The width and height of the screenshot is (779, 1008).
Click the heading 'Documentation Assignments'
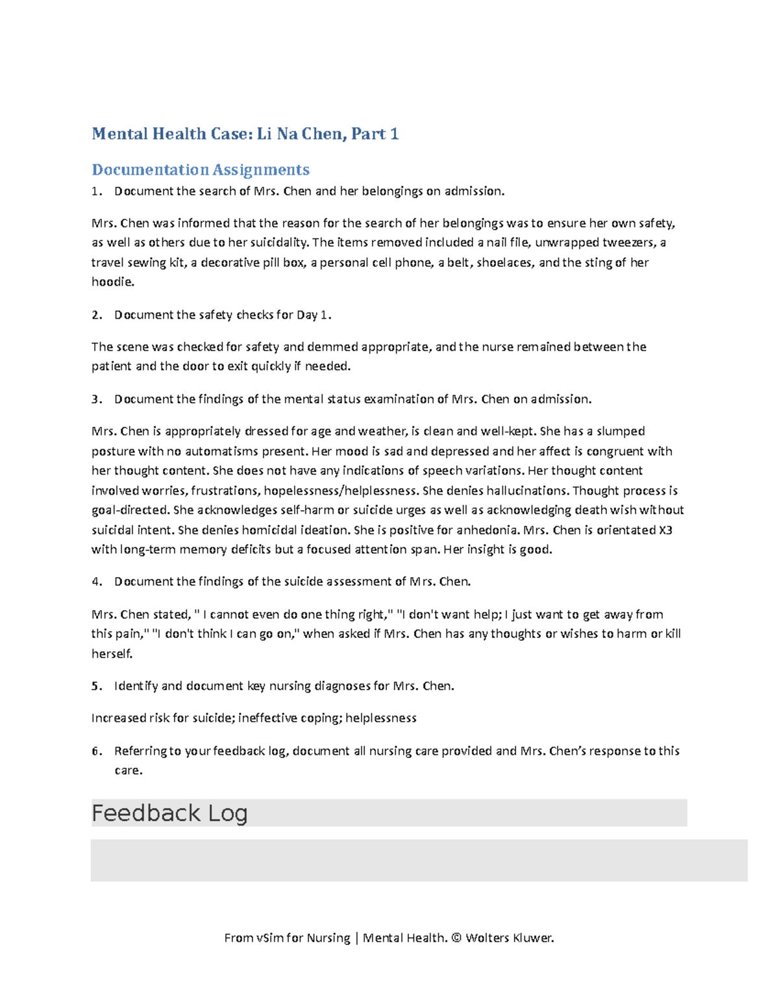(x=200, y=170)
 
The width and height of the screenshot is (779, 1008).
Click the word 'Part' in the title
(x=368, y=134)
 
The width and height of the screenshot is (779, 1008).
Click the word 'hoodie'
(x=112, y=282)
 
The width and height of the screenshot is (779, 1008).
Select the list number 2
(x=96, y=315)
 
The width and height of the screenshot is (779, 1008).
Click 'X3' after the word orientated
(x=665, y=530)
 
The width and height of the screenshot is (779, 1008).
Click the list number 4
(x=96, y=582)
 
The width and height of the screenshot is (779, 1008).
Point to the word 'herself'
(x=111, y=654)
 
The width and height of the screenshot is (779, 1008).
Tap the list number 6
(x=96, y=751)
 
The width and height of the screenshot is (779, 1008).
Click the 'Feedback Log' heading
(x=169, y=813)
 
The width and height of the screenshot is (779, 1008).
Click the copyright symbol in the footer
(x=456, y=938)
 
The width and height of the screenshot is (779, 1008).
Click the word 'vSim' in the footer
(x=269, y=938)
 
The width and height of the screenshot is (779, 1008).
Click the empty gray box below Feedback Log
(x=419, y=860)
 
